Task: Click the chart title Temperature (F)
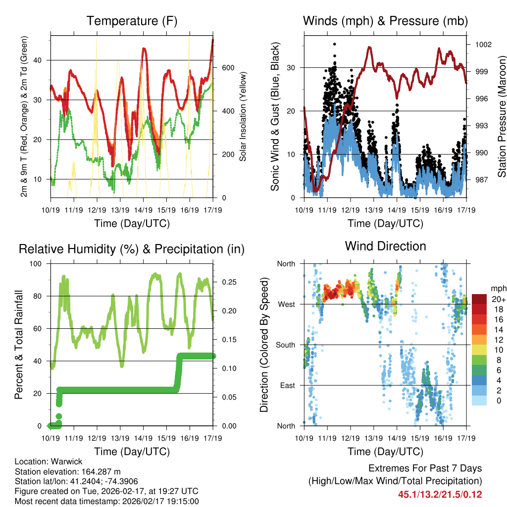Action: [132, 21]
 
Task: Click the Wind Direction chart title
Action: [385, 246]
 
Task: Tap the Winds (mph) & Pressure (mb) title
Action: [385, 21]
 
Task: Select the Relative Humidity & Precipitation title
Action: [132, 249]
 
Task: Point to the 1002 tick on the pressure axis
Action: [482, 45]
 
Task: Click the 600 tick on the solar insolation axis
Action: [227, 68]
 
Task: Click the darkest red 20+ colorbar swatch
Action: [479, 299]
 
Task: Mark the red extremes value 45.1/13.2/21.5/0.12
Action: [440, 494]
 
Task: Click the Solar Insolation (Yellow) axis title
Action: [243, 116]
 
